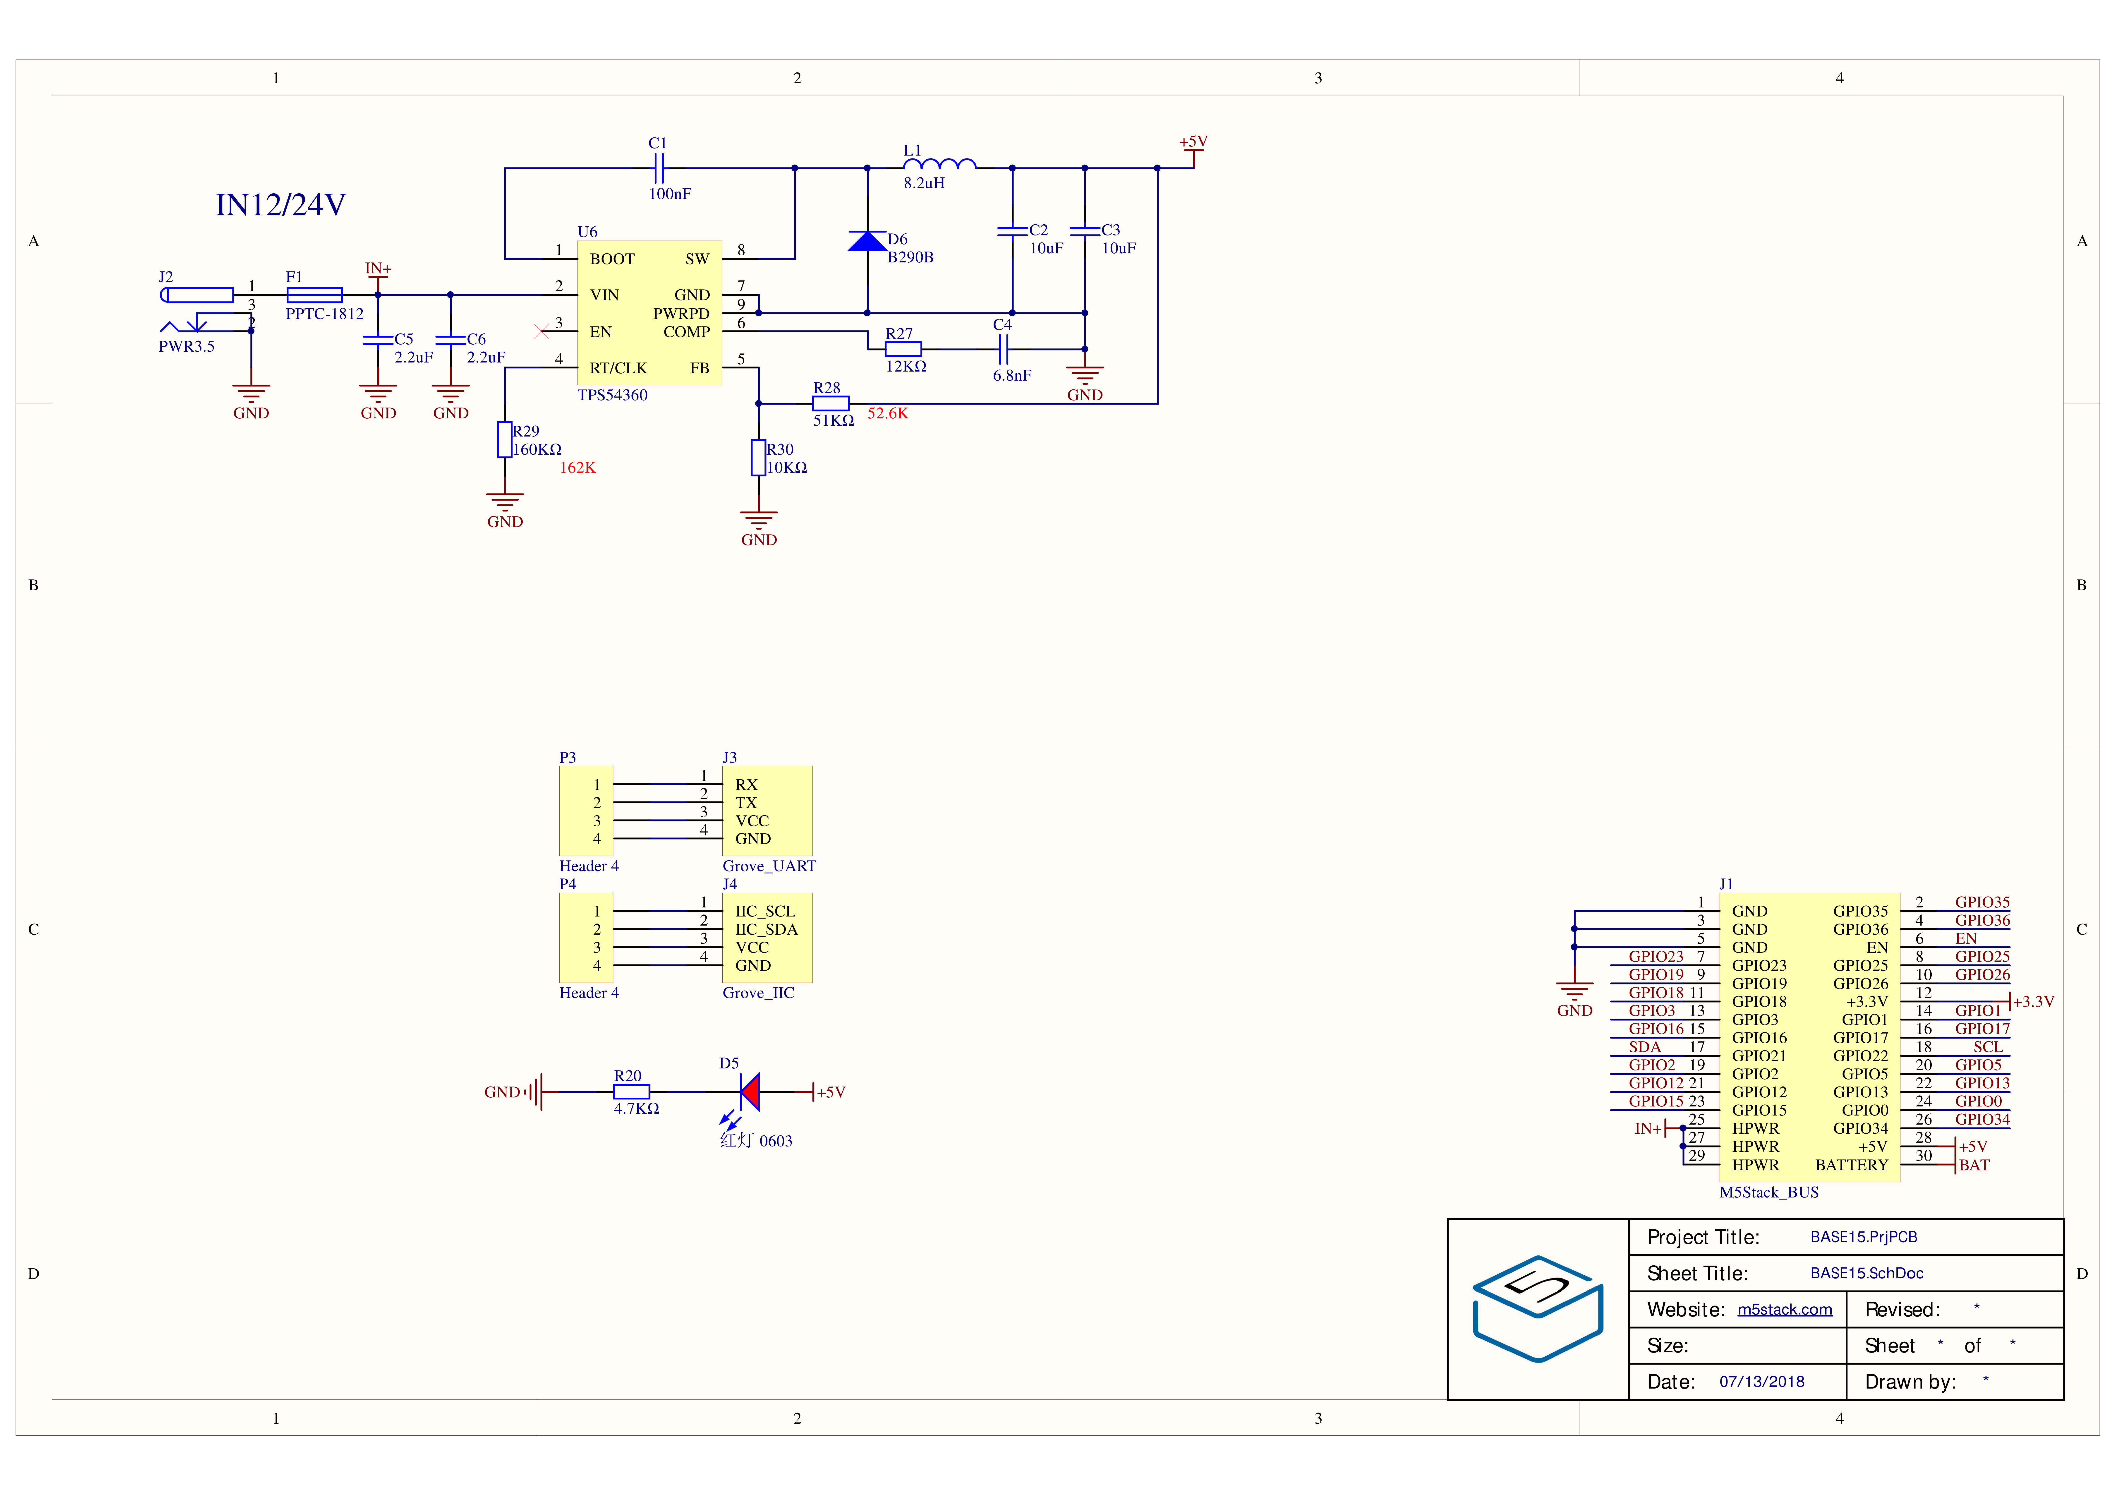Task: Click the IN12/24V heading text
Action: coord(280,205)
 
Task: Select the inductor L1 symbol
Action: coord(939,164)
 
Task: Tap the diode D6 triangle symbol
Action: coord(867,241)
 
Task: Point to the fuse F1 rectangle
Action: coord(315,295)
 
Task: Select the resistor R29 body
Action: coord(505,440)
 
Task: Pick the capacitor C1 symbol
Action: coord(658,168)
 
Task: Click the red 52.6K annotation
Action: coord(887,413)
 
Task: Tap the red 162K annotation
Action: coord(577,468)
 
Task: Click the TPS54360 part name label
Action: coord(613,395)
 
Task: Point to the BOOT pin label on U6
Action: coord(613,259)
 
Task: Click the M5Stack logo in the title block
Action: coord(1538,1308)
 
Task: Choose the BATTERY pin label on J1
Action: coord(1851,1165)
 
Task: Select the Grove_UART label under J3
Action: coord(769,866)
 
